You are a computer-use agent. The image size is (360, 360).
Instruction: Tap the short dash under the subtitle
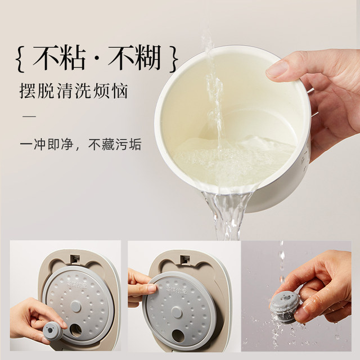tap(29, 117)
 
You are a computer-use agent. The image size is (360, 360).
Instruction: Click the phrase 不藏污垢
tap(115, 145)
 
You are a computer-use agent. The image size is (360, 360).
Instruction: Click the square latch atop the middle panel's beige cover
tap(184, 259)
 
